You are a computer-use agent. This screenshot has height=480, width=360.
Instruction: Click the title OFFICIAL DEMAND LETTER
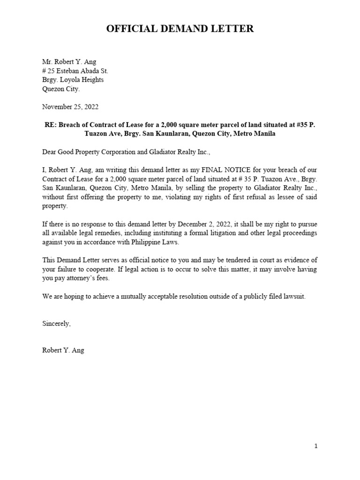[x=180, y=29]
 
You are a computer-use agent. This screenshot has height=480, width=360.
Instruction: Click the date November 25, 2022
[x=70, y=107]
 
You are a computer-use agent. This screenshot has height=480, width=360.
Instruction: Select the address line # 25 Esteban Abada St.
[x=75, y=71]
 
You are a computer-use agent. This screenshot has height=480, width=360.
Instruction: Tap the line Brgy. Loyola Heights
[x=73, y=80]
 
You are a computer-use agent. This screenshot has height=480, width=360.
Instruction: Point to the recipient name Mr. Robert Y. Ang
[x=68, y=62]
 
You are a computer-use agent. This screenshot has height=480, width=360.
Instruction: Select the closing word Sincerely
[x=56, y=323]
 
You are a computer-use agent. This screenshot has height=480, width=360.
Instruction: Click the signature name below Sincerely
[x=63, y=350]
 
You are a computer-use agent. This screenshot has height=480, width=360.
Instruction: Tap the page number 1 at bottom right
[x=316, y=446]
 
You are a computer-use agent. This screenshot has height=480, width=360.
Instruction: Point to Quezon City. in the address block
[x=61, y=89]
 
